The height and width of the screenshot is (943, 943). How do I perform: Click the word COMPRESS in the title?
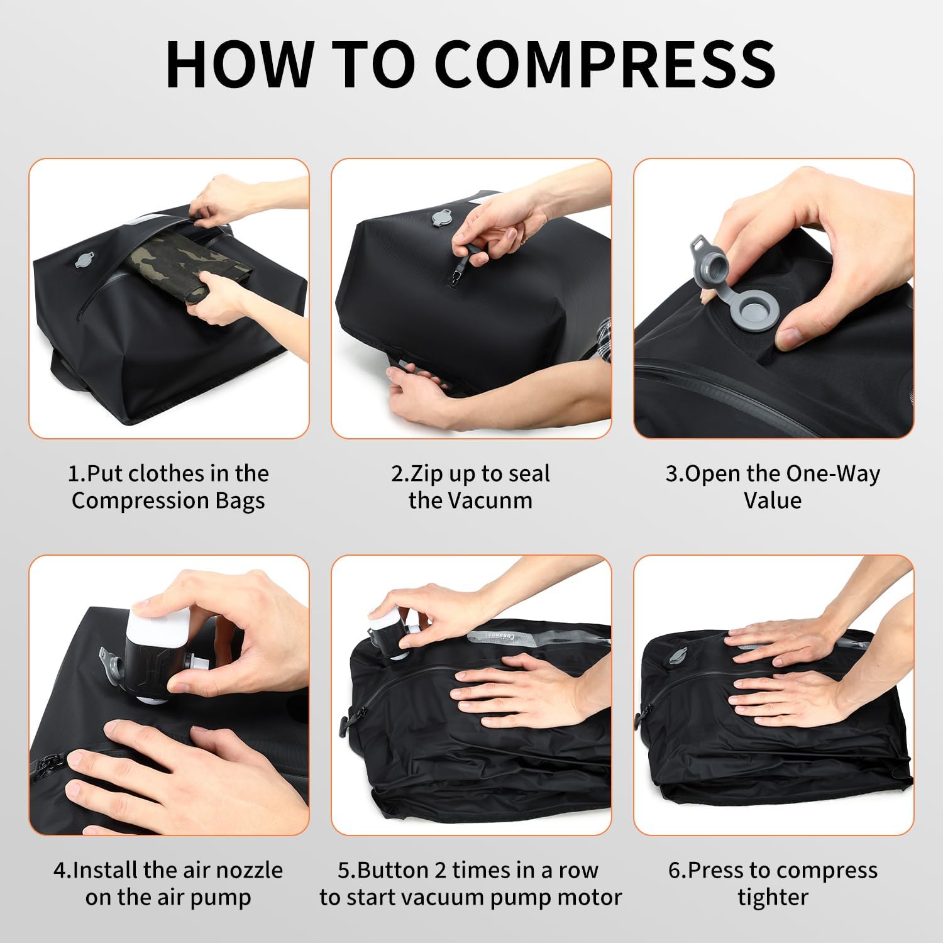[604, 65]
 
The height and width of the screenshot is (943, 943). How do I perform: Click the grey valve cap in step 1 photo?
[84, 260]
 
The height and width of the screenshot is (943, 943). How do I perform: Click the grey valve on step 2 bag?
[441, 218]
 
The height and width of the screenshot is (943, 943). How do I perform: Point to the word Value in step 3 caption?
[773, 500]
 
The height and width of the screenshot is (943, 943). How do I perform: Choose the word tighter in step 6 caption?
[773, 897]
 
